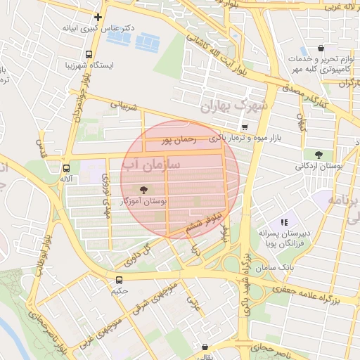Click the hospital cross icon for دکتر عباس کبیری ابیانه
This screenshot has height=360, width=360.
click(x=98, y=17)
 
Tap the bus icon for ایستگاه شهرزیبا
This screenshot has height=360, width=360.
click(x=89, y=54)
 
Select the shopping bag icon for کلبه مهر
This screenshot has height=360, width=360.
click(x=321, y=49)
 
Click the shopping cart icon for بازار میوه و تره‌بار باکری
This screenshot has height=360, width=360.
click(x=244, y=127)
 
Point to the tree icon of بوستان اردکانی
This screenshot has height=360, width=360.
click(x=319, y=154)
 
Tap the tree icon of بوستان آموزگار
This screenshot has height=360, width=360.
click(x=144, y=189)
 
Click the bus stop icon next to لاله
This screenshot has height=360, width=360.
click(x=66, y=168)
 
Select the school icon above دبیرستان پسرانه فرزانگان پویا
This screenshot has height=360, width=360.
click(x=284, y=221)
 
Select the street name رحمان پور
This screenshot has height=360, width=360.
click(x=176, y=141)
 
